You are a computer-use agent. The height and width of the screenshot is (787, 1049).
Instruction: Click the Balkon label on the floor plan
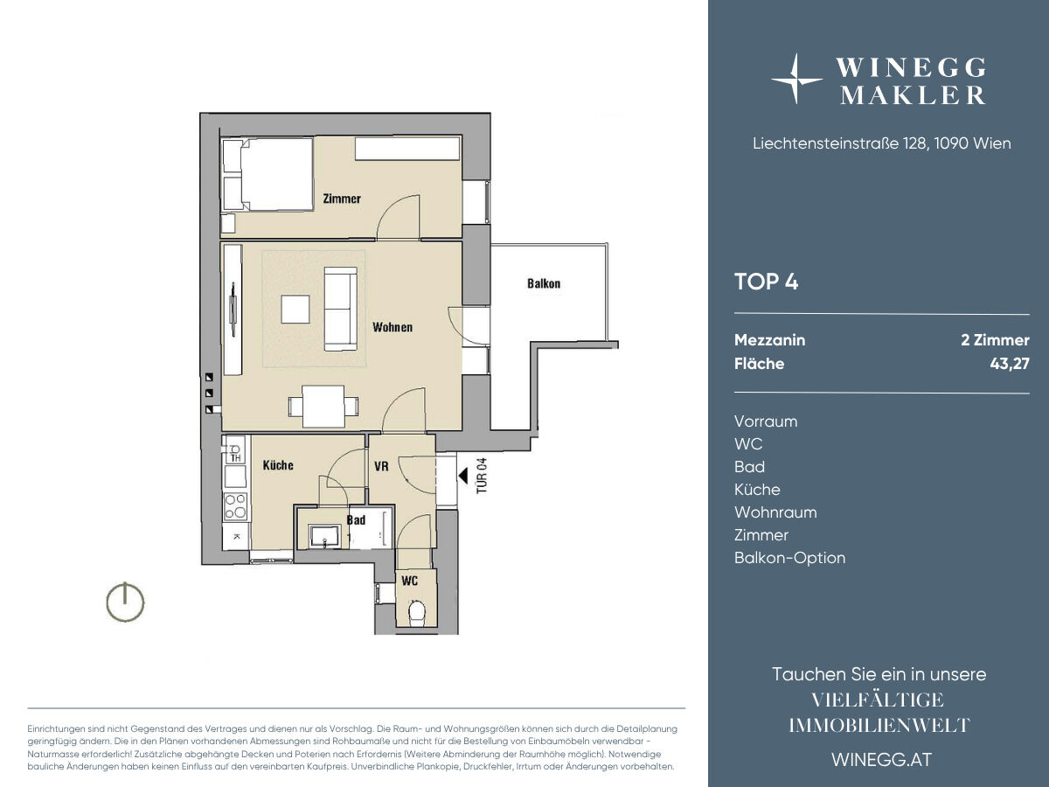tap(544, 284)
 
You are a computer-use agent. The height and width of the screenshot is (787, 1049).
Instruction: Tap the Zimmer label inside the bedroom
tap(342, 198)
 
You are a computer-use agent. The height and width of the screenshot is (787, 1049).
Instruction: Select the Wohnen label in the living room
tap(393, 327)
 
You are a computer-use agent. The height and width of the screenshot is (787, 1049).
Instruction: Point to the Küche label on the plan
tap(278, 465)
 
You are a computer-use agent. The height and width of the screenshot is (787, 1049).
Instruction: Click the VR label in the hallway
tap(381, 466)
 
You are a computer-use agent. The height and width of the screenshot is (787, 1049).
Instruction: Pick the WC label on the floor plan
tap(410, 581)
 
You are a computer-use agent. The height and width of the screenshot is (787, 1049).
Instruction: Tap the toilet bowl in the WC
tap(417, 612)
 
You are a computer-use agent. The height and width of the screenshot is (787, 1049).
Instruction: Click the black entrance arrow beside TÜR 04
tap(462, 476)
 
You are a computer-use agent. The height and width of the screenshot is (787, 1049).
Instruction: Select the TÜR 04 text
tap(482, 476)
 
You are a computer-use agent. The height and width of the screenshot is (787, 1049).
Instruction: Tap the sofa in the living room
tap(341, 310)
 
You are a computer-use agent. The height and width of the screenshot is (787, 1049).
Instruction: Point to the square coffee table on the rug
tap(295, 310)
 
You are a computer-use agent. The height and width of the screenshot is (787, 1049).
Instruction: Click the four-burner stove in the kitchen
tap(235, 506)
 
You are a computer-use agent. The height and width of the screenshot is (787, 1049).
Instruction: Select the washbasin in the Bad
tap(324, 536)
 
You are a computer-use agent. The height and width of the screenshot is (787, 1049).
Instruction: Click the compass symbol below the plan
tap(125, 602)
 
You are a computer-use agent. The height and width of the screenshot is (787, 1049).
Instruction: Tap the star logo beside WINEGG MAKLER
tap(795, 80)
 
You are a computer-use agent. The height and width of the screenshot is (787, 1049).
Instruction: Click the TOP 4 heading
tap(766, 282)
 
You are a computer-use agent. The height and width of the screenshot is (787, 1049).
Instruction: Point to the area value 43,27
tap(1010, 364)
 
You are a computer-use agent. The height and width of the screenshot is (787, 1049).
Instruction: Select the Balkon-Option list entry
tap(790, 558)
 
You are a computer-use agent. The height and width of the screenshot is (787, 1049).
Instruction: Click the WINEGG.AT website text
tap(882, 760)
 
